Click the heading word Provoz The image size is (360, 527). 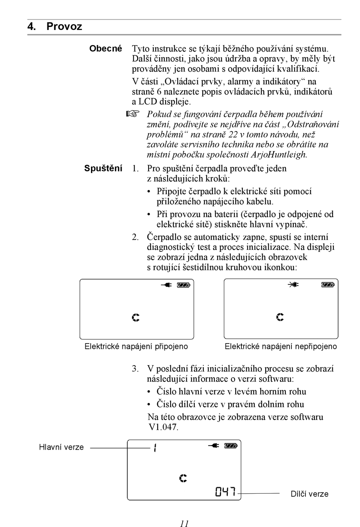point(64,27)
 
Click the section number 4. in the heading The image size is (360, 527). point(32,27)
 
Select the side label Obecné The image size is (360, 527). point(106,49)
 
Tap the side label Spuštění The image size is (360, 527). point(103,168)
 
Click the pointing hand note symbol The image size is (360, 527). point(133,113)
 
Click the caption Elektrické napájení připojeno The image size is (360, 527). point(136,346)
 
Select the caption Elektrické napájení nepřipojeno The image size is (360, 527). point(280,346)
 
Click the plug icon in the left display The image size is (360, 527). point(166,285)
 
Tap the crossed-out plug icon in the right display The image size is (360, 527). point(293,284)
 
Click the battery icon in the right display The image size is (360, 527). point(328,284)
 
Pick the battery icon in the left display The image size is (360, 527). point(184,285)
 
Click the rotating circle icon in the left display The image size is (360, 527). point(136,317)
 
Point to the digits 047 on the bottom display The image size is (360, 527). point(226,492)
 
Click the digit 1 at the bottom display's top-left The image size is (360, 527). point(155,448)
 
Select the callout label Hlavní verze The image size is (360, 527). point(61,447)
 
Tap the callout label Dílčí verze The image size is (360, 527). point(309,494)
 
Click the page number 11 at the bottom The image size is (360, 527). point(184,524)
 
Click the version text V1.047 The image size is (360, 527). point(163,427)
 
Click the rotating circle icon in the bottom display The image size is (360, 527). point(183,478)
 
